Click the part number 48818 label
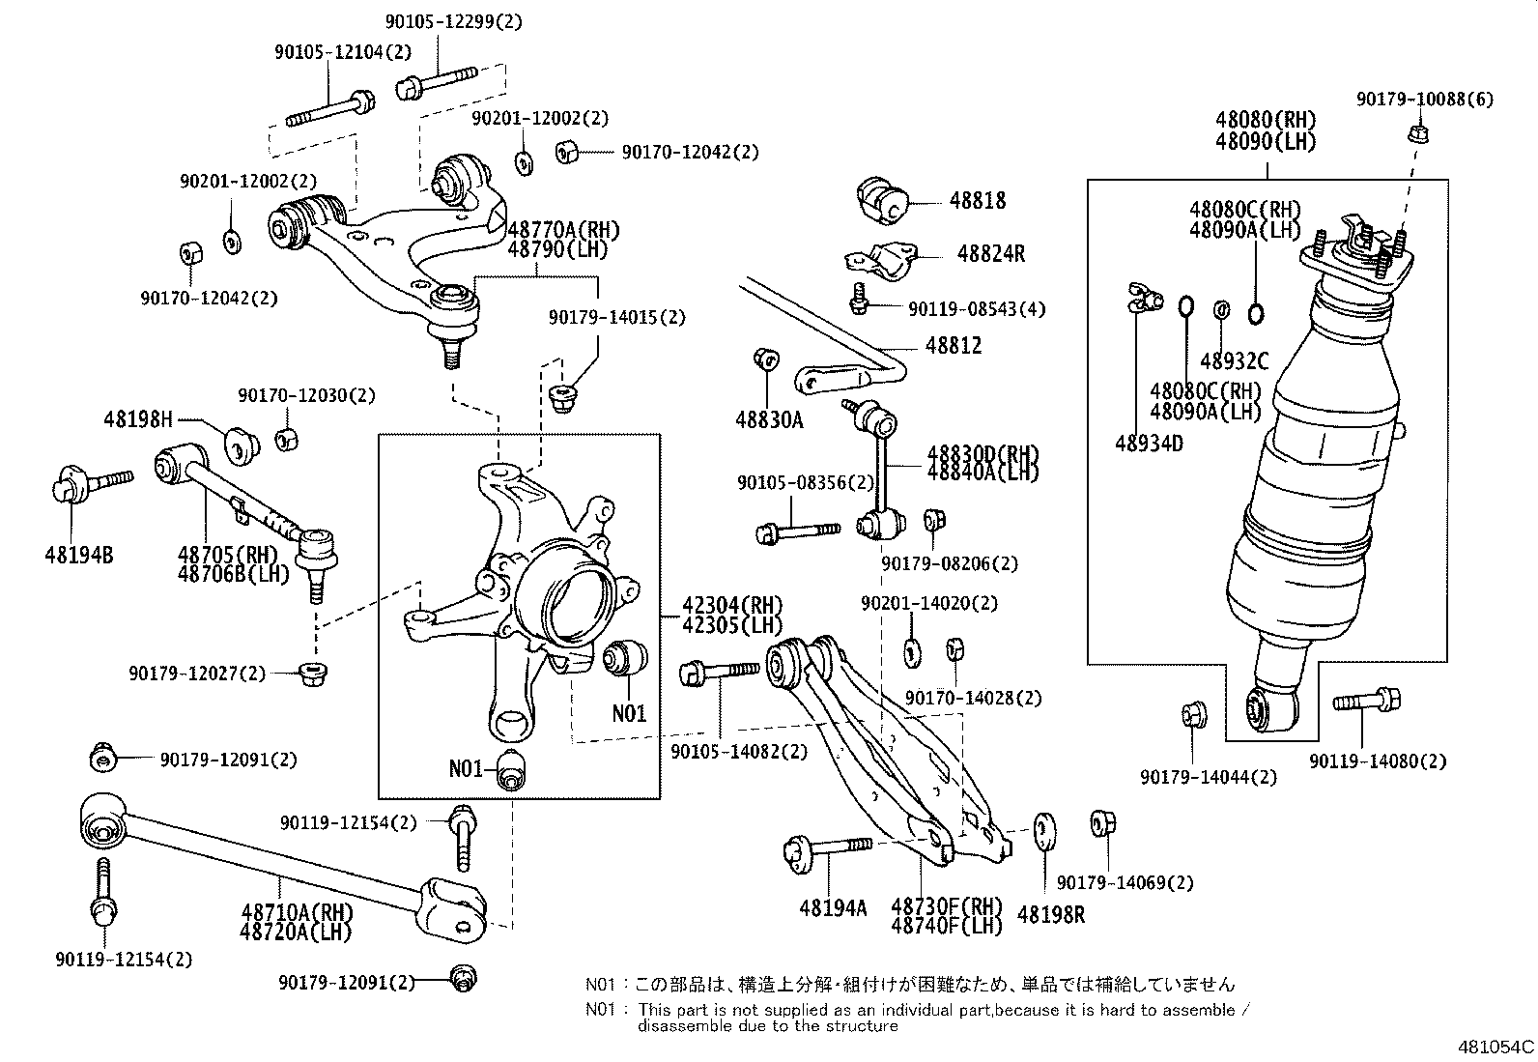click(x=977, y=201)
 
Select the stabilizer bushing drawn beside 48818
click(x=883, y=198)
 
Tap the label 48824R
click(x=990, y=254)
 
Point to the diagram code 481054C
click(x=1495, y=1047)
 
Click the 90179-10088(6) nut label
click(x=1424, y=100)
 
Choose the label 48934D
click(x=1149, y=444)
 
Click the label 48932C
click(x=1234, y=361)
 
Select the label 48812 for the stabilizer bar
click(x=954, y=346)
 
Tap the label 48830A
click(x=768, y=420)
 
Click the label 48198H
click(x=138, y=419)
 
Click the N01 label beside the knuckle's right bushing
click(x=629, y=714)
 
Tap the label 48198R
click(x=1052, y=914)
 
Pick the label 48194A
click(x=833, y=908)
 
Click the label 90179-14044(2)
click(x=1208, y=776)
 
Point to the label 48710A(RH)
click(x=297, y=912)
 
